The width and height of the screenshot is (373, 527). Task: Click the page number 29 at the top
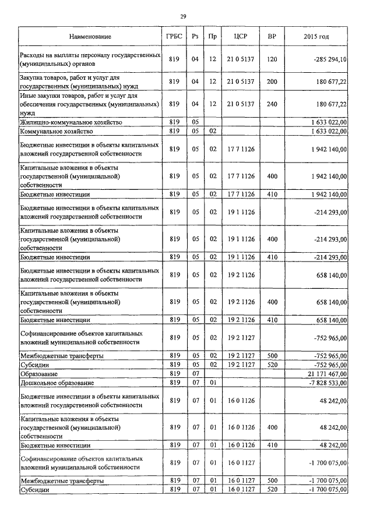183,16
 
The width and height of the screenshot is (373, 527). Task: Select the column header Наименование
90,37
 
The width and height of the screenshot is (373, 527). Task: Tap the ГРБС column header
174,37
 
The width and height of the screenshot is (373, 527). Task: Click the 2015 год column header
316,37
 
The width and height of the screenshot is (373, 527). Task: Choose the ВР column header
272,37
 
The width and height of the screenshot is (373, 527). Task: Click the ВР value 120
272,59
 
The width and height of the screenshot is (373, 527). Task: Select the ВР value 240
272,104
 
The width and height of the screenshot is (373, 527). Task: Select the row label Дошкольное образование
57,383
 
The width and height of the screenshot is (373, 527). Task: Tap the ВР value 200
272,82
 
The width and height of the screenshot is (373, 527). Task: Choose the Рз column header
195,37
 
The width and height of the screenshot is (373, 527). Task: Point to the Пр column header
213,37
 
